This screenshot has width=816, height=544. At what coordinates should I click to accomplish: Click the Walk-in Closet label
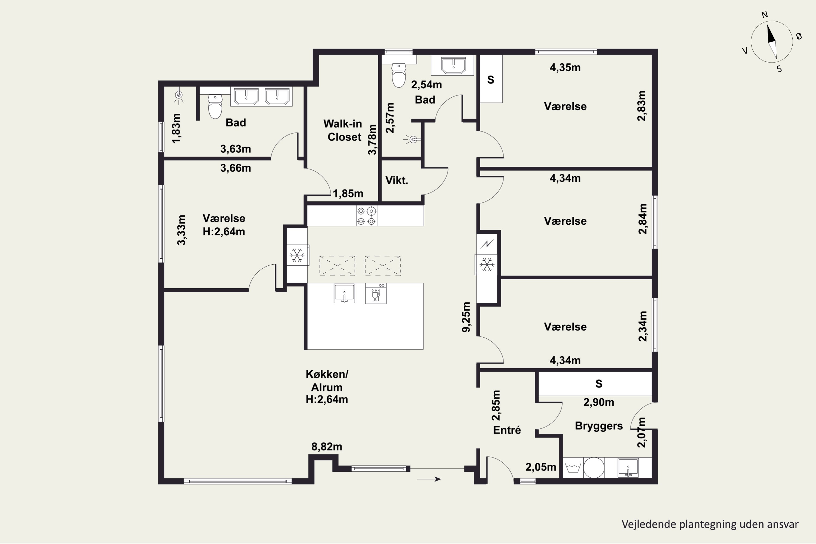(343, 131)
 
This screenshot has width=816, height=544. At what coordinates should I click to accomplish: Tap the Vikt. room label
(397, 180)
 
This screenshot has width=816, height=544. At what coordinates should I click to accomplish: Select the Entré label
(507, 430)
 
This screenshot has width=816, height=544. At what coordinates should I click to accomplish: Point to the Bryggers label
(599, 426)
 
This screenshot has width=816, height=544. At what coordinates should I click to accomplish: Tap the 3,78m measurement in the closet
(372, 140)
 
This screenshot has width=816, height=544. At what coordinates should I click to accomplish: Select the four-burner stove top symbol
(366, 216)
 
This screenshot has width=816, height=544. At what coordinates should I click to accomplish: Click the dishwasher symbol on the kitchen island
(376, 293)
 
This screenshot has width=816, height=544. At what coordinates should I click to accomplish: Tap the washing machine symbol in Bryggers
(573, 468)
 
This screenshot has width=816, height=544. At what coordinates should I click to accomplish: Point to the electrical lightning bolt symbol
(487, 244)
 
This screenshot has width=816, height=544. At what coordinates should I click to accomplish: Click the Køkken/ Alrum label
(327, 387)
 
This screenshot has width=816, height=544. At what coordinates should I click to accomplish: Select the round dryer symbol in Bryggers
(594, 468)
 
